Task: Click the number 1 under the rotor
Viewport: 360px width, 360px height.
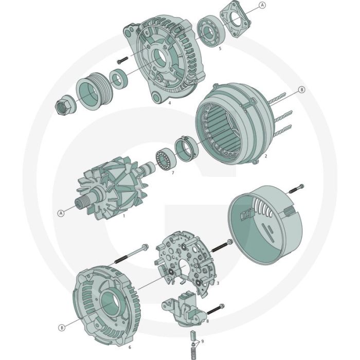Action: [x=124, y=217]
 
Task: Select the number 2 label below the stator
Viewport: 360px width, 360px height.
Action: [x=265, y=155]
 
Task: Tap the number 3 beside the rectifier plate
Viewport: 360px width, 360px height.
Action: [x=218, y=283]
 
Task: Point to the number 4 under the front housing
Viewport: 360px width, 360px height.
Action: [x=169, y=102]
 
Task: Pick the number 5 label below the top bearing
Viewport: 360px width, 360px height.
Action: [x=220, y=49]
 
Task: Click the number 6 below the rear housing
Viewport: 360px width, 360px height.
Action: [x=129, y=347]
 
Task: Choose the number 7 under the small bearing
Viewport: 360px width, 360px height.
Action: [x=172, y=173]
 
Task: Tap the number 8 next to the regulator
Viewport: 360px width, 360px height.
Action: [x=207, y=321]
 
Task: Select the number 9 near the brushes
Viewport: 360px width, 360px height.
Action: [x=202, y=341]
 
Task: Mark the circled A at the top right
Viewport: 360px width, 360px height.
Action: [x=262, y=5]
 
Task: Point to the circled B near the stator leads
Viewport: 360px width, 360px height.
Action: [x=302, y=89]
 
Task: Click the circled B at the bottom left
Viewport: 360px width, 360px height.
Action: [x=61, y=327]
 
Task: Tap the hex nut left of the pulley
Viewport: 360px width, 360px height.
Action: [x=64, y=106]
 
